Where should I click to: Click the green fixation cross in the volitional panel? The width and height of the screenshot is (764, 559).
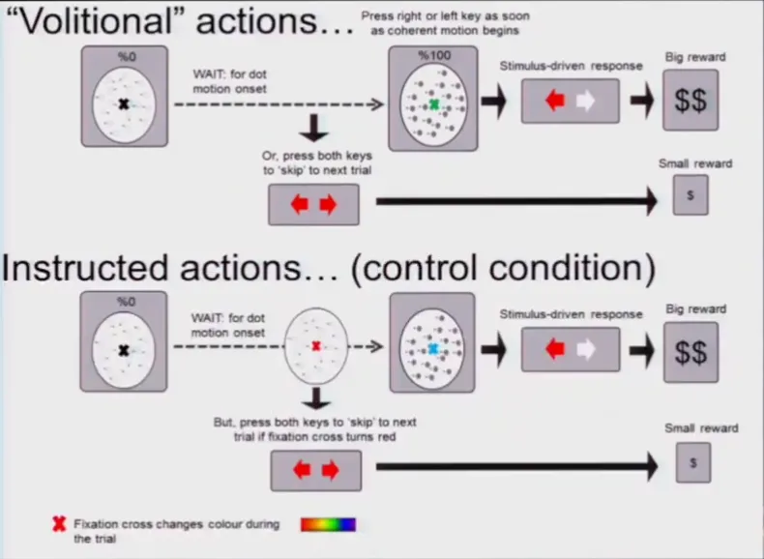(434, 103)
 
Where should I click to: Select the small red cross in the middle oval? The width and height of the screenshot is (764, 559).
(316, 345)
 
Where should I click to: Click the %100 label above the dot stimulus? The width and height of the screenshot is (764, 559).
(434, 56)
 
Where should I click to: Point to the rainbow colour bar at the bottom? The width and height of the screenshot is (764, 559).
(328, 524)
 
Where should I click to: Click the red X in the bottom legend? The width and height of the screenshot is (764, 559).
(59, 525)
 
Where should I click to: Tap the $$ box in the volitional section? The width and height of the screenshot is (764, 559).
(690, 101)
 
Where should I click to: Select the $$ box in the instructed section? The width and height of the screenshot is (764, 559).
(691, 352)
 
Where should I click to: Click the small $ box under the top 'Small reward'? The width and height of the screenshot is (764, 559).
(691, 195)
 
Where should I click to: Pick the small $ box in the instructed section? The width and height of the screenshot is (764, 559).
(691, 461)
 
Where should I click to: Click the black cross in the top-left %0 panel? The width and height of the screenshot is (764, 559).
(124, 103)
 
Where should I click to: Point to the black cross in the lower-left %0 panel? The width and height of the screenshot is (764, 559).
(124, 351)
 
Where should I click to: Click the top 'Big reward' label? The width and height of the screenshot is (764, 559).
(694, 57)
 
